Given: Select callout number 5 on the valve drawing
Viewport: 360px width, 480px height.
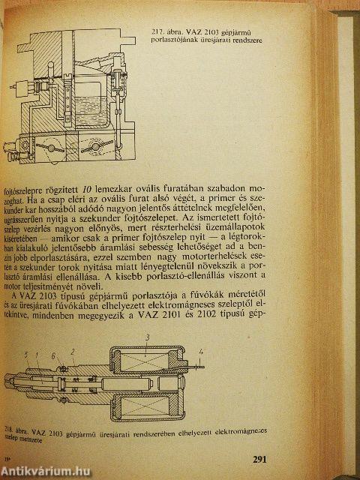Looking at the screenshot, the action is coord(25,375).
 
